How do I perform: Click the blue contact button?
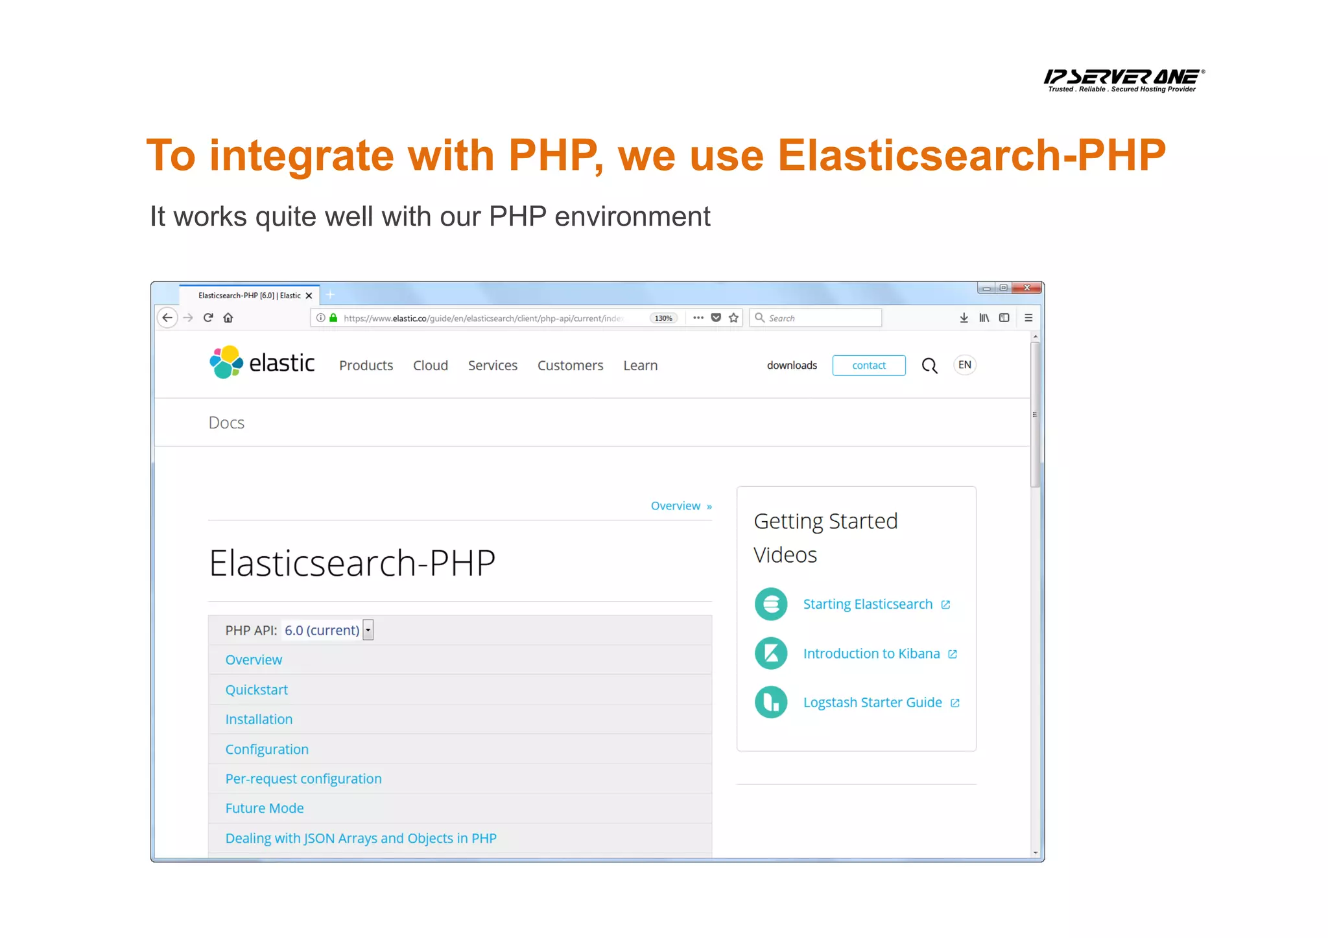click(x=868, y=366)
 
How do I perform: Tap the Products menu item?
click(x=366, y=366)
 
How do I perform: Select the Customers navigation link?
click(x=570, y=366)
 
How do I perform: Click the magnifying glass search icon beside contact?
click(x=929, y=366)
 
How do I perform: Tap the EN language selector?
click(x=964, y=365)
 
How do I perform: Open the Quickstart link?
click(x=256, y=690)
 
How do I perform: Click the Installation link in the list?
click(x=259, y=720)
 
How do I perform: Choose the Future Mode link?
click(x=264, y=808)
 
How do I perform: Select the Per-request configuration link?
click(x=303, y=779)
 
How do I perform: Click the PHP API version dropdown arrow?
click(x=368, y=630)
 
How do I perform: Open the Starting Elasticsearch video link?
click(x=868, y=604)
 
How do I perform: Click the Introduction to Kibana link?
click(x=871, y=653)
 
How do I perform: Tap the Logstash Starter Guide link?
click(x=872, y=703)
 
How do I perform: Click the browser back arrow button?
click(x=167, y=318)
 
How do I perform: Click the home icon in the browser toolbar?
click(x=228, y=318)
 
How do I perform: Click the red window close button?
click(x=1026, y=288)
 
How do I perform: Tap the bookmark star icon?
click(x=733, y=318)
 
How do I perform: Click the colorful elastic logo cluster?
click(x=226, y=362)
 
